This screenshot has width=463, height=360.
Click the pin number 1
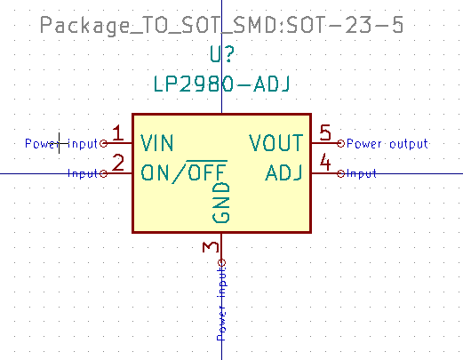[117, 133]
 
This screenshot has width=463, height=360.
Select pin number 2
[117, 163]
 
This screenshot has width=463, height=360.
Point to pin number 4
[325, 163]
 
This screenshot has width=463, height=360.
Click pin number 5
[325, 133]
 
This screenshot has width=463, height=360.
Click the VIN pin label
[157, 142]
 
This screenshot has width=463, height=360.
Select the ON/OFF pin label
[184, 172]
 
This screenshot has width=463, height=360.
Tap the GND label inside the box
[221, 204]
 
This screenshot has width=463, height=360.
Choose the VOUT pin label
[275, 142]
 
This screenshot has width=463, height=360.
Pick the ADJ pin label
[284, 172]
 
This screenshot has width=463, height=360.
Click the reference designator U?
[221, 55]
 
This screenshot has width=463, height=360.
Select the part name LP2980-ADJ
[221, 84]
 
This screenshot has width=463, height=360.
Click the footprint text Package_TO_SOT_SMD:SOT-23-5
[222, 26]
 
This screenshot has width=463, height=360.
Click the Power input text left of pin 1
[60, 143]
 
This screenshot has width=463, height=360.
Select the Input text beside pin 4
[362, 173]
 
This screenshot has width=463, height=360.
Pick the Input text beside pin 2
[84, 173]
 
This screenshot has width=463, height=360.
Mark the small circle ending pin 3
[221, 262]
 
